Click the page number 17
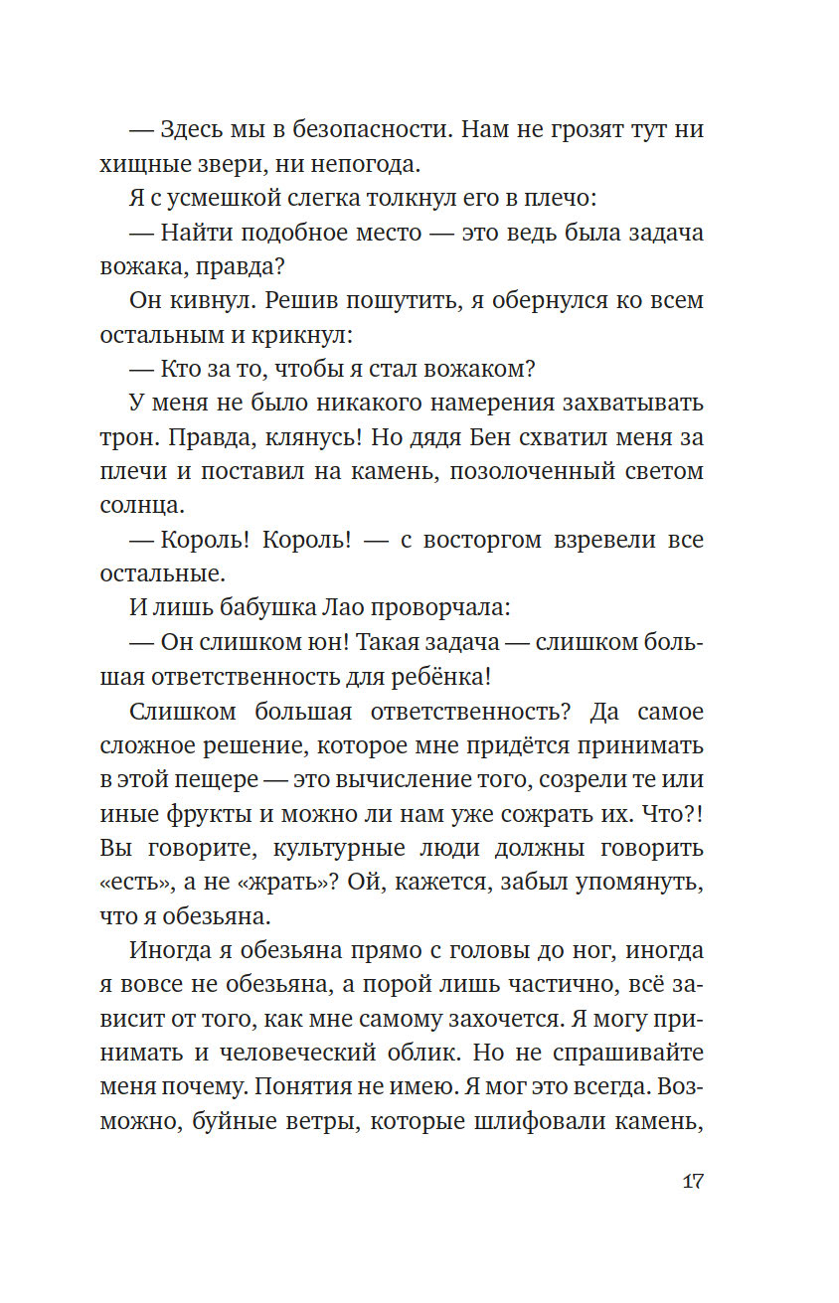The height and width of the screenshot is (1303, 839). pos(693,1183)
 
